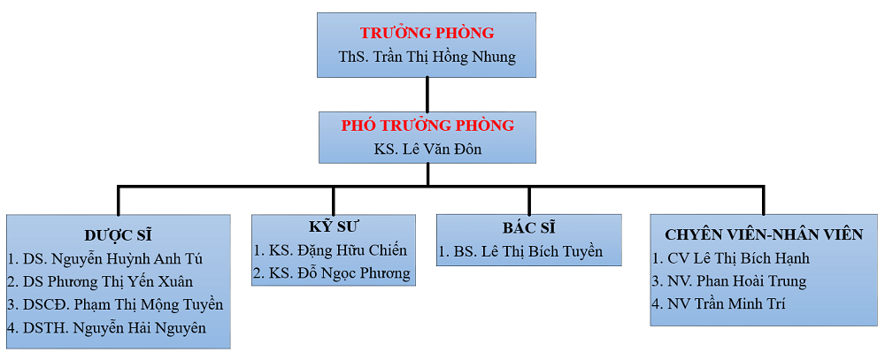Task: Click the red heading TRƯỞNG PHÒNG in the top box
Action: (427, 34)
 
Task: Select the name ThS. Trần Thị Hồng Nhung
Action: (427, 57)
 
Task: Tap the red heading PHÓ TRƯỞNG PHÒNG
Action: (427, 126)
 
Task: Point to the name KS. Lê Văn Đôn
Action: (427, 149)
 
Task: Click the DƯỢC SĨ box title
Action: (119, 235)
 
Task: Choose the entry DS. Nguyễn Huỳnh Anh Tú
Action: (105, 258)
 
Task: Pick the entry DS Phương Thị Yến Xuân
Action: (100, 281)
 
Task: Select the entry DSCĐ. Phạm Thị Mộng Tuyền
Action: (115, 304)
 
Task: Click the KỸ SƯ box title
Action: (333, 227)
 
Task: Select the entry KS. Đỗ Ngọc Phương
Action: (332, 273)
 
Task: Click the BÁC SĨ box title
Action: (528, 227)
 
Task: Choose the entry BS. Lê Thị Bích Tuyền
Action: (520, 251)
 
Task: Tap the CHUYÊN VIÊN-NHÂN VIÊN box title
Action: (764, 234)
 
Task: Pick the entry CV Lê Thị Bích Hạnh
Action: (731, 258)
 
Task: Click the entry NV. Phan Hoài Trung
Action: (729, 281)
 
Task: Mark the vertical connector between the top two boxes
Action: (427, 94)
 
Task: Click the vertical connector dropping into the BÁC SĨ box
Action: (528, 200)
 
